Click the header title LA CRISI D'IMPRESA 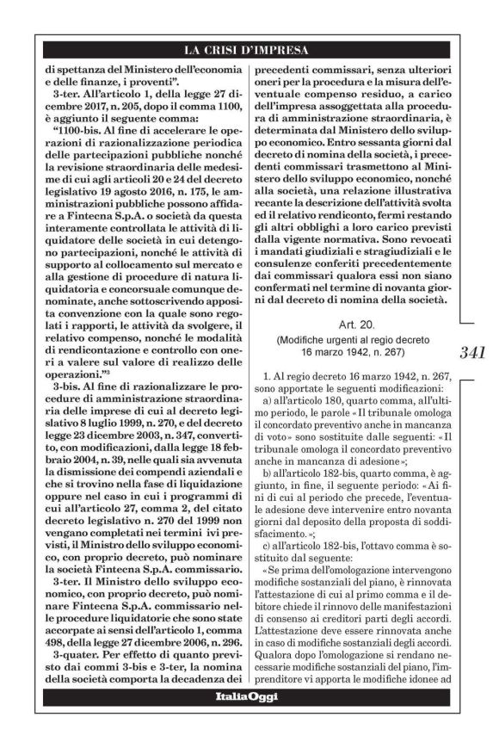pos(249,48)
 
